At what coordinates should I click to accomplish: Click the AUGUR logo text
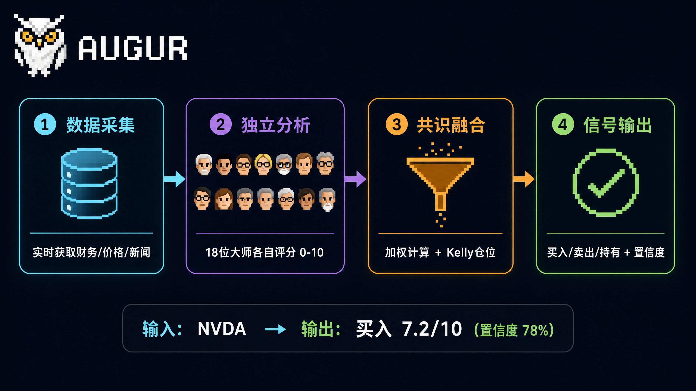(x=133, y=48)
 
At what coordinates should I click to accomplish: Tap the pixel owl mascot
(x=40, y=46)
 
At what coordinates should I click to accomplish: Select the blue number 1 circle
(x=45, y=124)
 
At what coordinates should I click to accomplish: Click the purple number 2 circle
(x=220, y=124)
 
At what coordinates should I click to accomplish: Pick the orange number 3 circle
(x=397, y=124)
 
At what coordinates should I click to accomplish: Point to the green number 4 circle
(x=563, y=124)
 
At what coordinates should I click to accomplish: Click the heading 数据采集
(x=101, y=125)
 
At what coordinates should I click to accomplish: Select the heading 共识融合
(x=451, y=125)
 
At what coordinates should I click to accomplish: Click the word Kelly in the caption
(x=460, y=253)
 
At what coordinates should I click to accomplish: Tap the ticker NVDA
(x=222, y=329)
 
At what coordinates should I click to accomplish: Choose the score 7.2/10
(x=432, y=329)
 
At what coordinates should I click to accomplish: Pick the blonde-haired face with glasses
(x=263, y=164)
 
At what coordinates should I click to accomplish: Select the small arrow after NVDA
(x=275, y=329)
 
